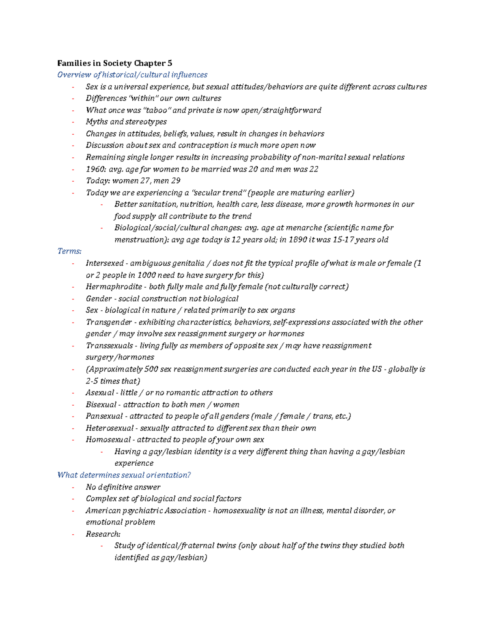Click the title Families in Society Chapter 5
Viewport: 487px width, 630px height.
[x=114, y=63]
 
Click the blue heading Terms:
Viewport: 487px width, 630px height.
[x=69, y=251]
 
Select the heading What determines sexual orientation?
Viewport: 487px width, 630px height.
[x=124, y=475]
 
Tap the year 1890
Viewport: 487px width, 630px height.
[x=297, y=239]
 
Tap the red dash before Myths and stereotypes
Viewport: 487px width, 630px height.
[x=73, y=122]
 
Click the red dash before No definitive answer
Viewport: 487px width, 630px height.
[x=73, y=487]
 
